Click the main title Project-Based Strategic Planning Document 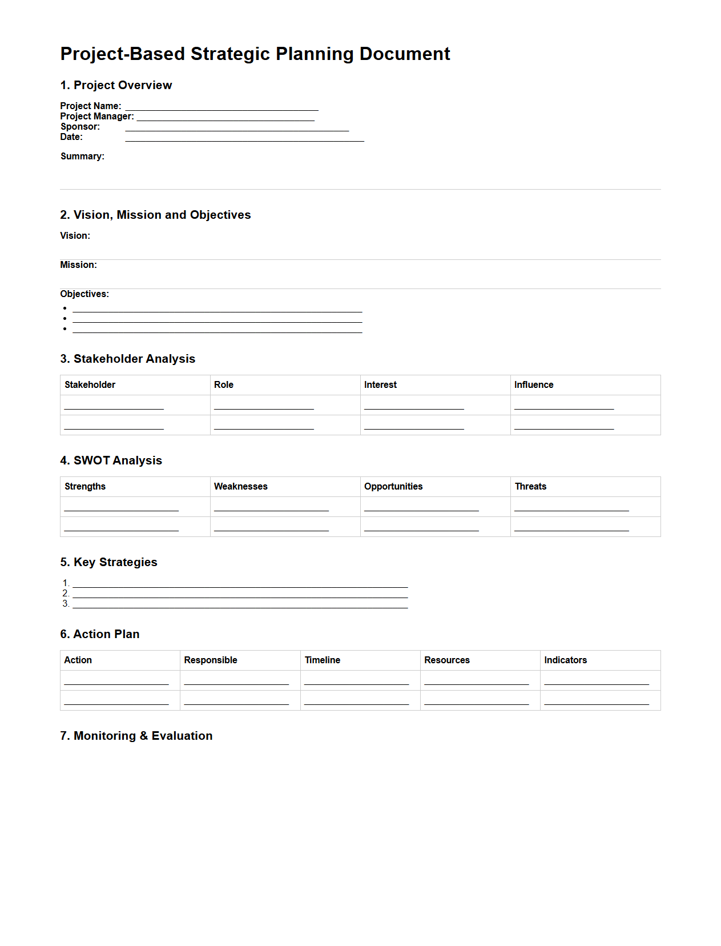(255, 54)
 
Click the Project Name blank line (221, 107)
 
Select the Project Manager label (97, 117)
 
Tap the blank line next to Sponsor (237, 129)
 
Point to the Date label (71, 137)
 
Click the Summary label (82, 157)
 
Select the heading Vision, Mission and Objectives (155, 215)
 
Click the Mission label (78, 265)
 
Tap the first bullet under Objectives (65, 308)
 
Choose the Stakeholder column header (90, 385)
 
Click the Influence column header (533, 385)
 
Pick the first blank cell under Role (264, 406)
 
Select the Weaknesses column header (240, 487)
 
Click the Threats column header (530, 487)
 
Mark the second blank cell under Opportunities (421, 527)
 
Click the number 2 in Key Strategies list (66, 594)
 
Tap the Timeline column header (322, 660)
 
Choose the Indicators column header (565, 660)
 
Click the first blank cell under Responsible (236, 681)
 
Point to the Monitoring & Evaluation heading (136, 736)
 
